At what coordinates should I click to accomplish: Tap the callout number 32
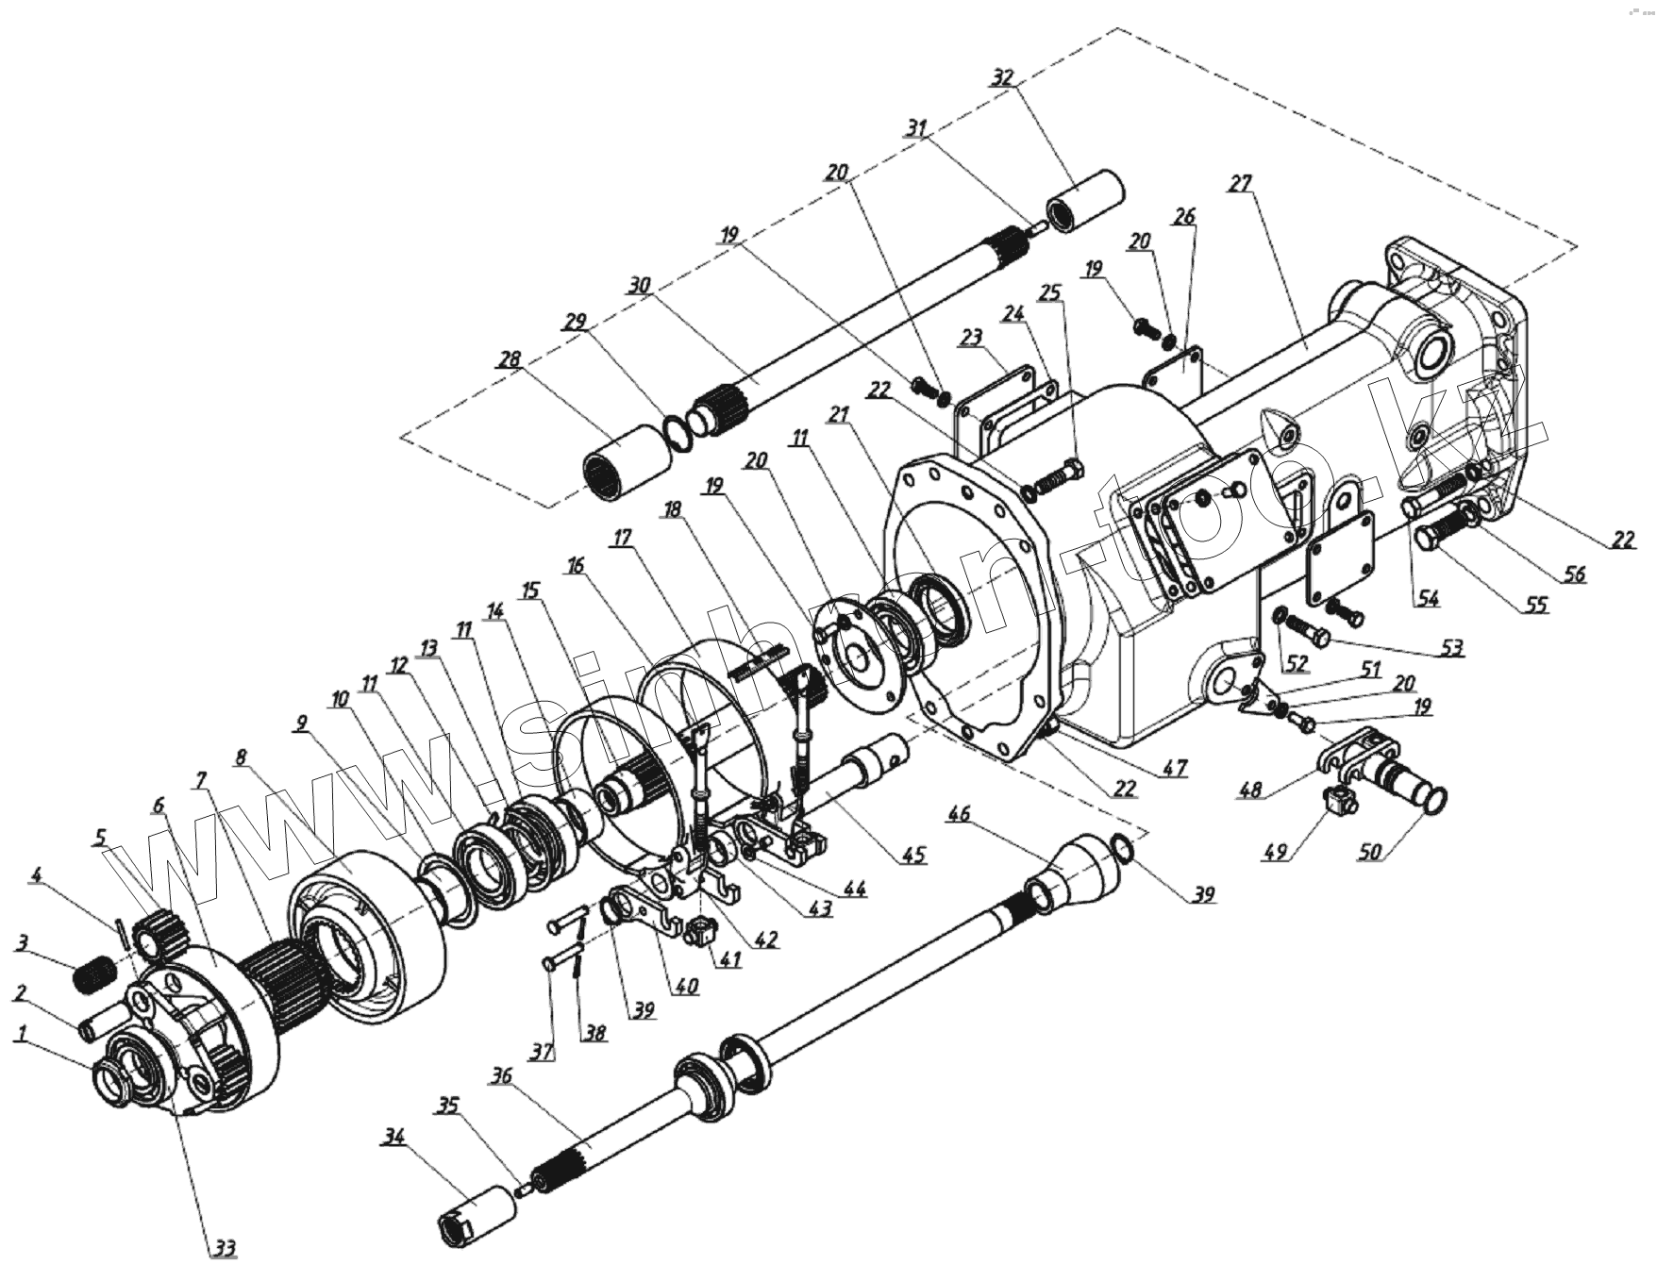tap(1002, 77)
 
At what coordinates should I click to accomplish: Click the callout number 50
tap(1369, 852)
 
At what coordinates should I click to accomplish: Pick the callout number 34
tap(393, 1138)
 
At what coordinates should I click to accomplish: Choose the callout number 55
tap(1536, 606)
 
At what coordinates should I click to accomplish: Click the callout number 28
tap(510, 360)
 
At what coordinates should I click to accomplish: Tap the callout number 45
tap(913, 856)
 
